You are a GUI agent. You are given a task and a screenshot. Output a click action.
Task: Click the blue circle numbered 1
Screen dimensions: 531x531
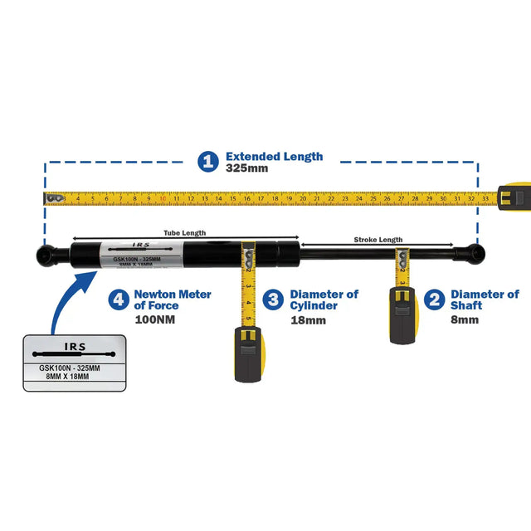(x=208, y=161)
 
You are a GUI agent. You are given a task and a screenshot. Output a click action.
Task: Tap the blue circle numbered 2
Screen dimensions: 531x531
(x=433, y=300)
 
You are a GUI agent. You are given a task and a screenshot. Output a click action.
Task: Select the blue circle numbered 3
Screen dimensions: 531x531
(x=272, y=300)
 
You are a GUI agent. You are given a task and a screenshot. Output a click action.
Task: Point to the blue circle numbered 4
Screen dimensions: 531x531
(x=119, y=300)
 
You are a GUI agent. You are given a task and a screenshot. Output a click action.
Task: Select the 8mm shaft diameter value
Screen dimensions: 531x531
(x=465, y=319)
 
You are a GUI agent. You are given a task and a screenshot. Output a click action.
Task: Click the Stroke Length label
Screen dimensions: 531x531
(x=378, y=239)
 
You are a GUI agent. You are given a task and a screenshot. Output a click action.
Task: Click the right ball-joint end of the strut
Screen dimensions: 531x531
(x=474, y=251)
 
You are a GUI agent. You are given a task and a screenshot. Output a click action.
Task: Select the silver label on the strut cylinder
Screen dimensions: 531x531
(x=141, y=253)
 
